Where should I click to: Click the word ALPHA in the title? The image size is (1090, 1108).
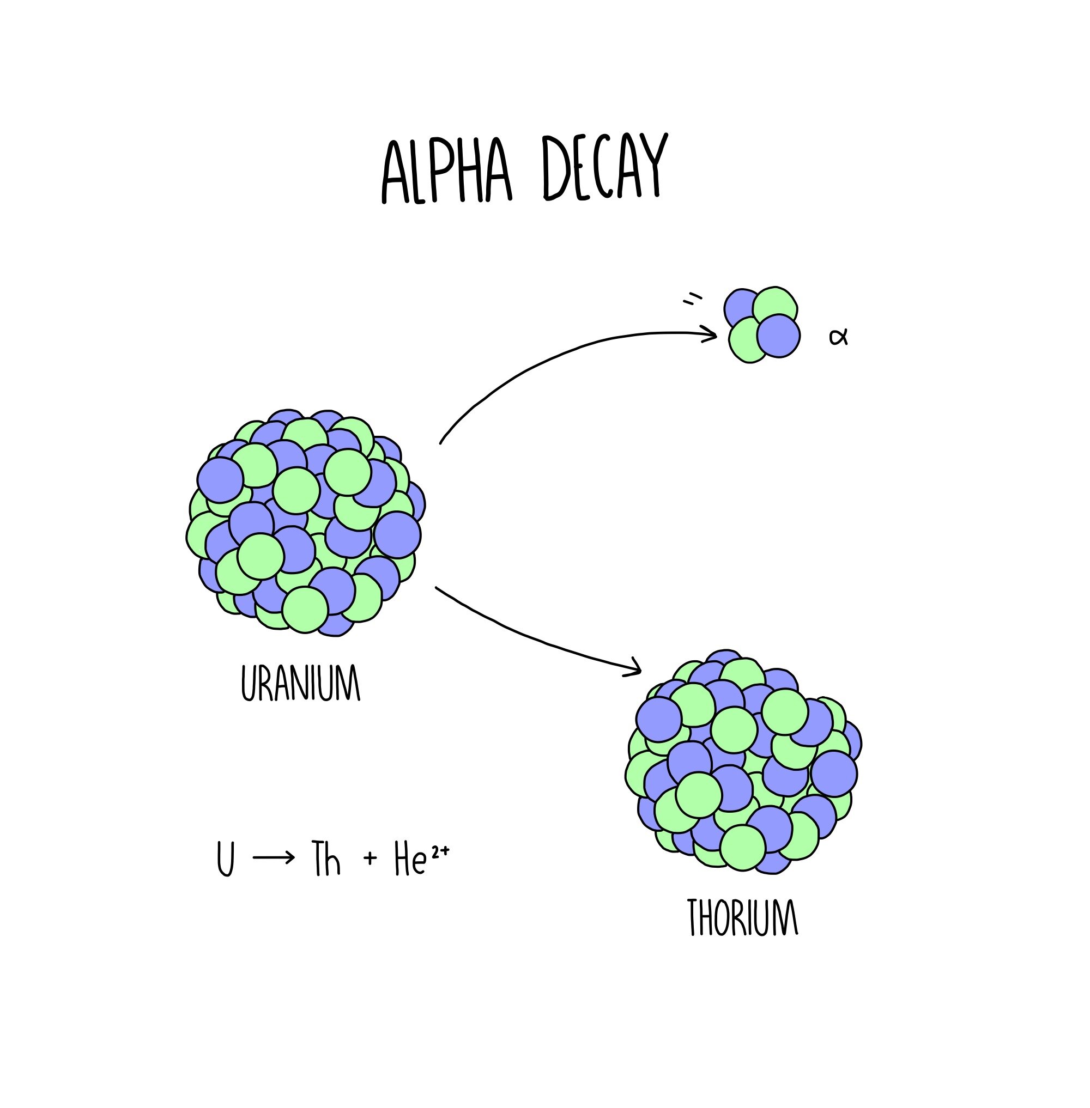pyautogui.click(x=446, y=169)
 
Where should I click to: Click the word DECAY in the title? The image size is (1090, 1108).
pyautogui.click(x=604, y=167)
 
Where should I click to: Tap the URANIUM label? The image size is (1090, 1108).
pyautogui.click(x=300, y=682)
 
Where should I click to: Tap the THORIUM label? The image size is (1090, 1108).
pyautogui.click(x=742, y=917)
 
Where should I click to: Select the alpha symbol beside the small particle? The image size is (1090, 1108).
pyautogui.click(x=838, y=337)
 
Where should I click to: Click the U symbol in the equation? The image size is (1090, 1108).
pyautogui.click(x=226, y=858)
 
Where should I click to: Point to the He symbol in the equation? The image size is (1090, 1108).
pyautogui.click(x=410, y=859)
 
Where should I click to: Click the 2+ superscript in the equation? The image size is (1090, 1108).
pyautogui.click(x=440, y=851)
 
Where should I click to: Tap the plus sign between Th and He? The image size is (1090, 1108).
pyautogui.click(x=371, y=857)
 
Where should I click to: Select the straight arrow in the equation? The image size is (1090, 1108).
pyautogui.click(x=274, y=857)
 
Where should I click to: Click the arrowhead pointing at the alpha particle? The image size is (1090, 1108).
pyautogui.click(x=711, y=334)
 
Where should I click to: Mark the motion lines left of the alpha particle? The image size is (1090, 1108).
pyautogui.click(x=692, y=299)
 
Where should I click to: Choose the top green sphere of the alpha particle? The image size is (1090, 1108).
pyautogui.click(x=774, y=306)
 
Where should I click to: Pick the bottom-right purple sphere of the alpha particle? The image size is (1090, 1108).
pyautogui.click(x=778, y=336)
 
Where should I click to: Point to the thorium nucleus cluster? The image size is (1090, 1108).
pyautogui.click(x=743, y=760)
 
